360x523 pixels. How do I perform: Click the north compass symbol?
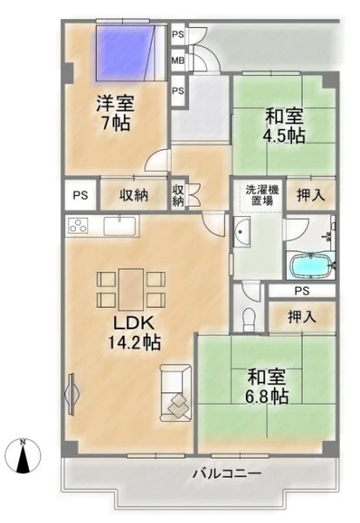23,455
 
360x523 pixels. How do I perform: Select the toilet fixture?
248,318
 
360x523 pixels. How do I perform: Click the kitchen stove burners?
78,225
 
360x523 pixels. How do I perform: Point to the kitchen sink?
119,226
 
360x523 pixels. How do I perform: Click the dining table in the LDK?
131,289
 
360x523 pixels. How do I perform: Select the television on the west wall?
71,394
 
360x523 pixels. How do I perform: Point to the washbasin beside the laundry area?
242,232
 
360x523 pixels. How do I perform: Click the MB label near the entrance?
178,61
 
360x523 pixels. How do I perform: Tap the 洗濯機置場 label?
262,195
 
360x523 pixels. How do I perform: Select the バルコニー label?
227,473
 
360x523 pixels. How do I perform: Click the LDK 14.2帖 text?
134,333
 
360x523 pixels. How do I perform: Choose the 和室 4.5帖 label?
284,126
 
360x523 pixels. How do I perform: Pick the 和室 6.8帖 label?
267,386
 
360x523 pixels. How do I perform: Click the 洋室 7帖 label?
115,112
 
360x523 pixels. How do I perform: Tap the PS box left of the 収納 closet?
81,195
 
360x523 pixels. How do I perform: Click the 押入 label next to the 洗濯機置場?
311,195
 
